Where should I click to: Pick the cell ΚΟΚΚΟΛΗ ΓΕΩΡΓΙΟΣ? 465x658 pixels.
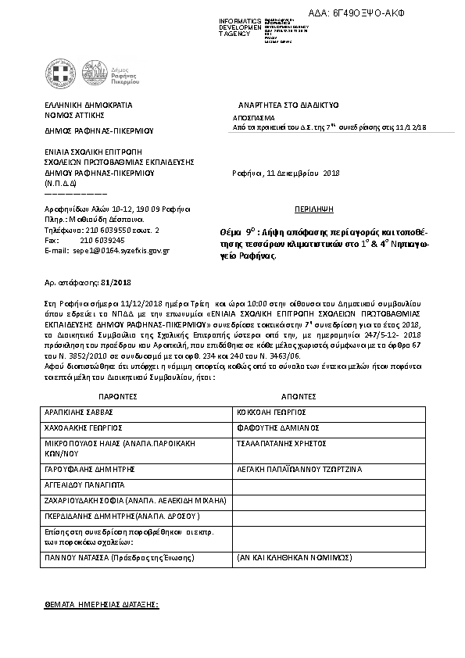(x=270, y=412)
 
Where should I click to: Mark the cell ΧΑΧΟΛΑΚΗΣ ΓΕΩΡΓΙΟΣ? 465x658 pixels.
(x=84, y=427)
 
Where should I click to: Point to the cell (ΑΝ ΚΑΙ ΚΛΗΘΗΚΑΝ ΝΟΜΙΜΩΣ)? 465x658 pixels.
(x=295, y=559)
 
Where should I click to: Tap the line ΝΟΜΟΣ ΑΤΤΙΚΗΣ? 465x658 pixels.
(x=73, y=114)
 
